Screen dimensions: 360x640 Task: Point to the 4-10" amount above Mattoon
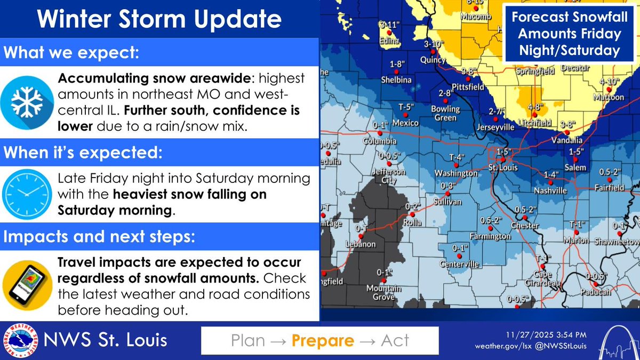pos(610,82)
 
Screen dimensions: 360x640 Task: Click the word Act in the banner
pos(395,340)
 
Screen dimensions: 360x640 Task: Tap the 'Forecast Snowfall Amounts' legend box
pos(566,34)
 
